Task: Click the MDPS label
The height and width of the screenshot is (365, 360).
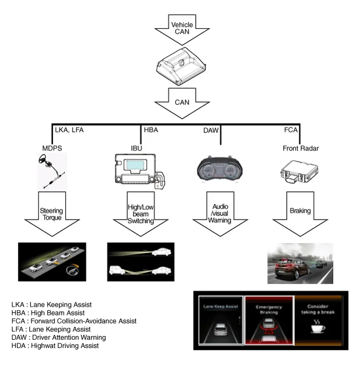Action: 52,148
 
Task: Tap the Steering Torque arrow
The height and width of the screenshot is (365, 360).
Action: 51,211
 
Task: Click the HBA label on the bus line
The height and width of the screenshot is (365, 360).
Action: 150,130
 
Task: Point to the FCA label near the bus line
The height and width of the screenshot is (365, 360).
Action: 291,130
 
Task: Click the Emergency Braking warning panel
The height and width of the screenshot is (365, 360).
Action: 269,320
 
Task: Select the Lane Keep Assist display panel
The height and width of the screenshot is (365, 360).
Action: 222,320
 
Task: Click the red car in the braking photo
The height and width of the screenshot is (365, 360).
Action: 287,268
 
